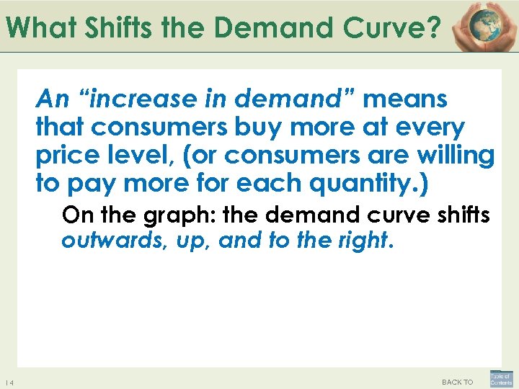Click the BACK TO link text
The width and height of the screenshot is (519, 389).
457,382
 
